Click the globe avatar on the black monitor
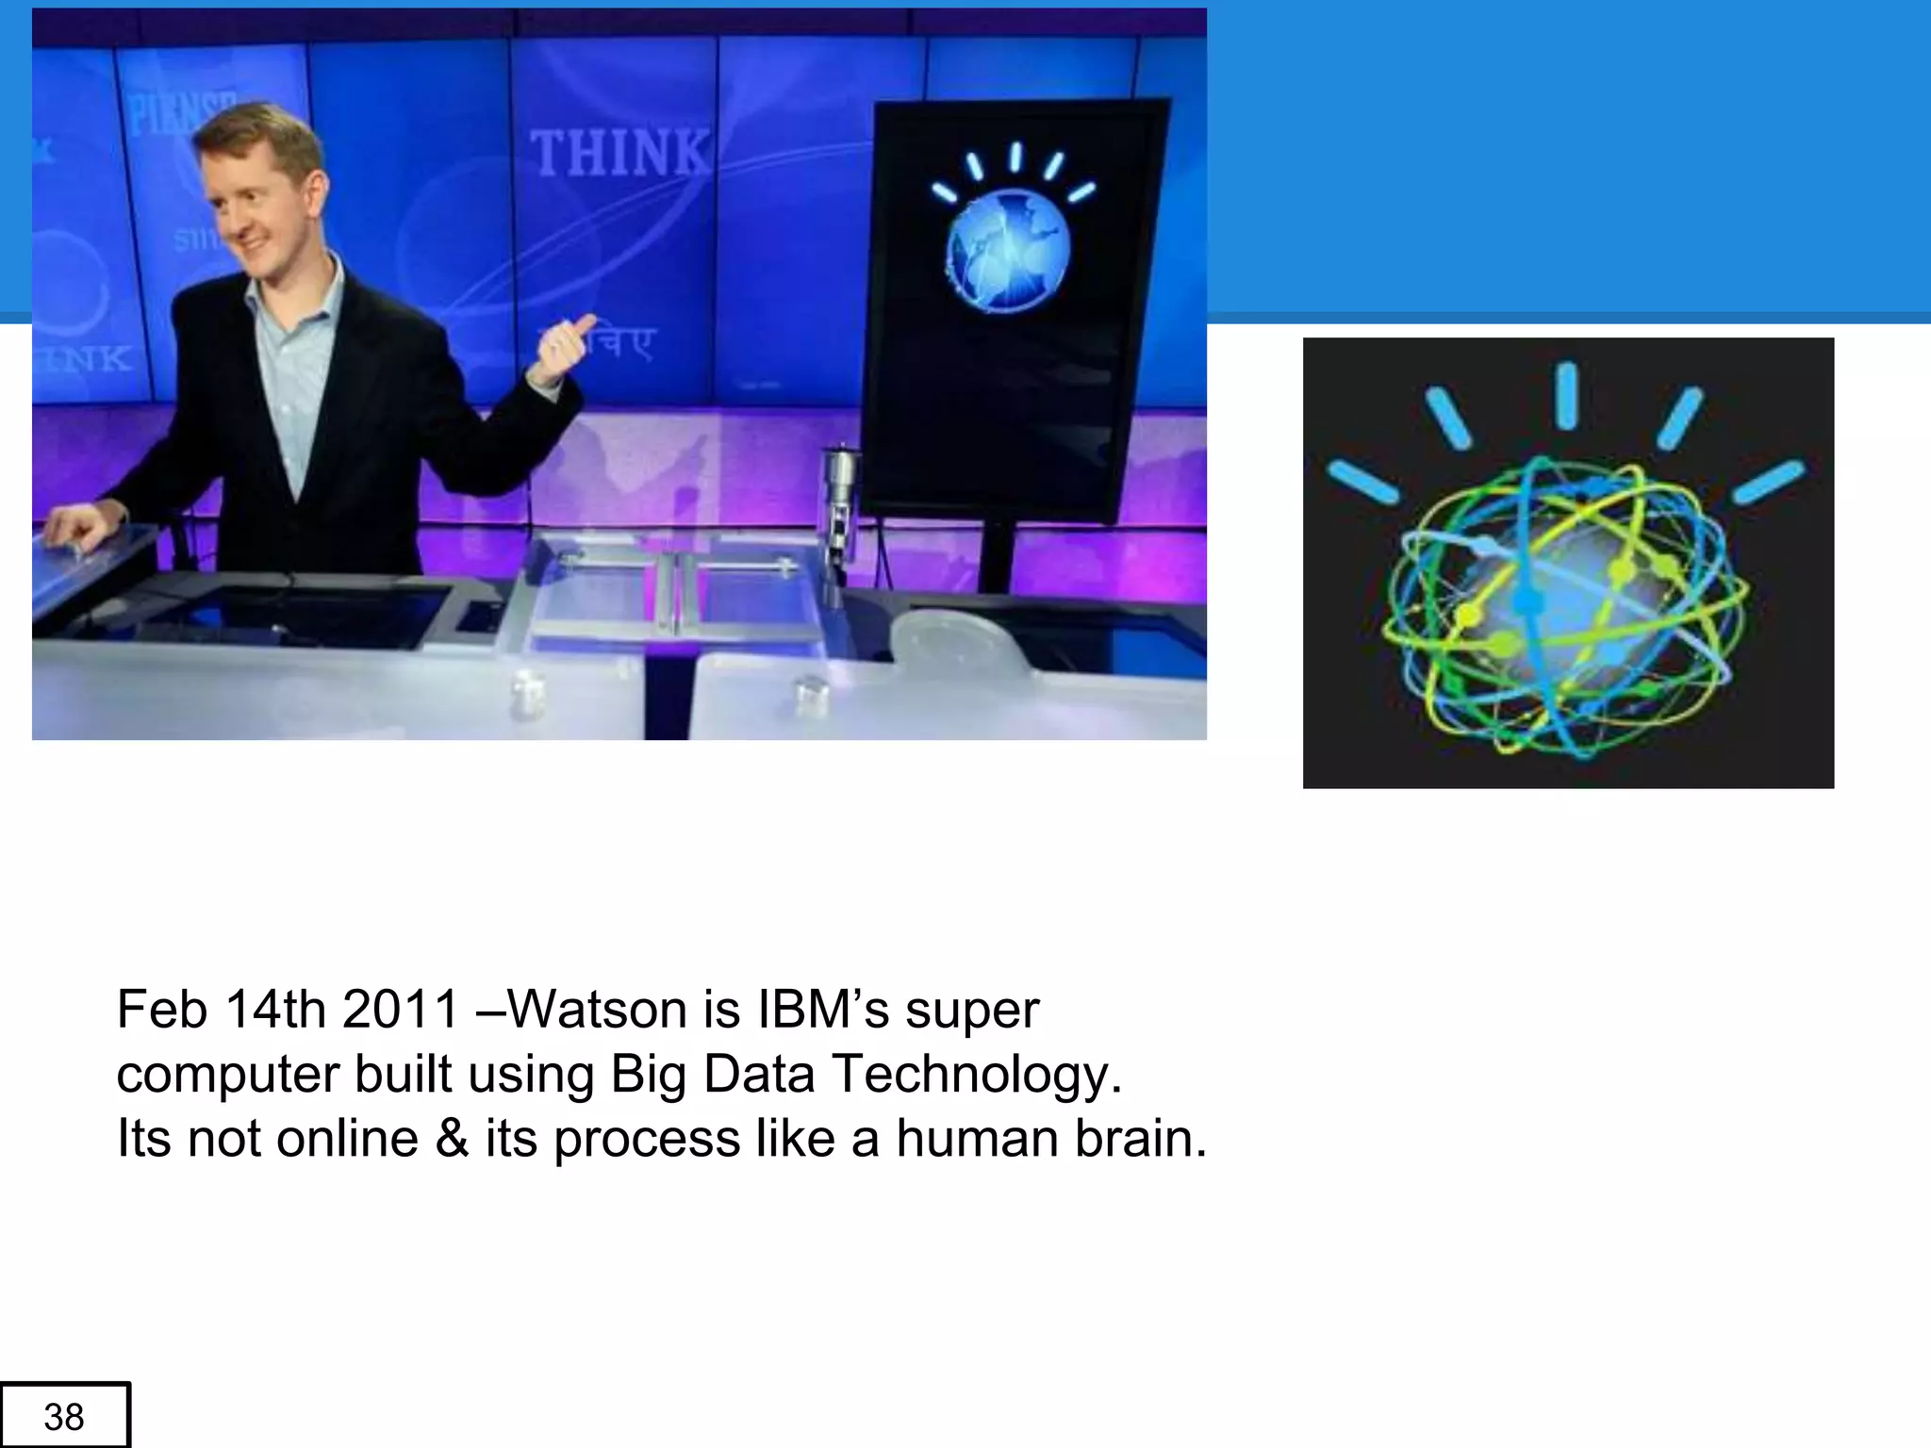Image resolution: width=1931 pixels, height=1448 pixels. pos(1008,251)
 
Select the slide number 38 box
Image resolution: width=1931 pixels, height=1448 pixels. pos(64,1416)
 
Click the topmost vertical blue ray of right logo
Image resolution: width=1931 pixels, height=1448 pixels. pos(1566,396)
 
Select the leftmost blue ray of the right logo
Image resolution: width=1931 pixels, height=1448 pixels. pos(1363,482)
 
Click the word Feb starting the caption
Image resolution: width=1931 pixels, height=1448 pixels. pos(161,1010)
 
